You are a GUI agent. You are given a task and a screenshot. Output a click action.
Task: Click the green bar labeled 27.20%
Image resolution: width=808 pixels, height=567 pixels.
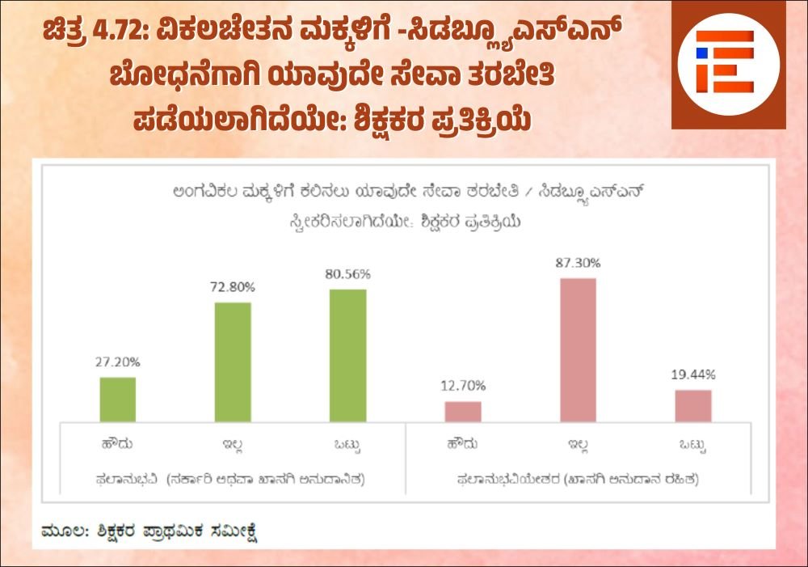pos(117,399)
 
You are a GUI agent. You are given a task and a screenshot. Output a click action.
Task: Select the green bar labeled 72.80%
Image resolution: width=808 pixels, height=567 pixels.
pos(233,362)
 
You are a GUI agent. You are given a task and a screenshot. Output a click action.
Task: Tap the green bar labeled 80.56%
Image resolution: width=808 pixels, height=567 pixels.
pos(348,355)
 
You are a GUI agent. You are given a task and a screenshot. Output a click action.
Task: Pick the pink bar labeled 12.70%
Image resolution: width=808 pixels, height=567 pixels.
pos(463,411)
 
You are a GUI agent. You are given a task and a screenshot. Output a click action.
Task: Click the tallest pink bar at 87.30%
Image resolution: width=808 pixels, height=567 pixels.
pos(578,349)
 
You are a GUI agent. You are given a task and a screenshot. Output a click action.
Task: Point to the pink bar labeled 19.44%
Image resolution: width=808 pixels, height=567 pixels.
pos(693,405)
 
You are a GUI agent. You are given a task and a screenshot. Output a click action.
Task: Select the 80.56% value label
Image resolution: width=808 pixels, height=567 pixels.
pos(348,274)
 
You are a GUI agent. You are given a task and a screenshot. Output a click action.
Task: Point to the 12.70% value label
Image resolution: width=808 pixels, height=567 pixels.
pos(463,386)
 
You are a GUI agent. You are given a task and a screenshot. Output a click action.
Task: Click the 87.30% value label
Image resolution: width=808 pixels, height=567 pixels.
pos(578,263)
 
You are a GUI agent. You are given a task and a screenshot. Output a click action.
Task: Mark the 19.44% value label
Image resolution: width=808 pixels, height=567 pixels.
pos(693,374)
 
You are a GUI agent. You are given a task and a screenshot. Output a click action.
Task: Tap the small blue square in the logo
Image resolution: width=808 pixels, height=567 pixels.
pos(702,53)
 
